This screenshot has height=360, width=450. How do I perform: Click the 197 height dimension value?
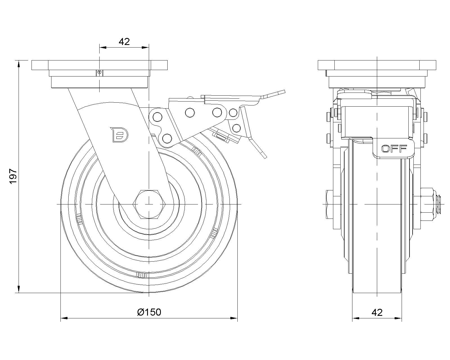[13, 177]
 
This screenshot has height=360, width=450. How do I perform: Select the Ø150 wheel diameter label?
[149, 312]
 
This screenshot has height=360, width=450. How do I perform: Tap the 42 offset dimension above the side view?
[124, 42]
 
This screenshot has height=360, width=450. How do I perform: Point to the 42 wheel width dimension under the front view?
[377, 312]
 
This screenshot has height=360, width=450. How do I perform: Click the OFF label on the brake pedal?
[394, 148]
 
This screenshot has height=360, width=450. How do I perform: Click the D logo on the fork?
[119, 134]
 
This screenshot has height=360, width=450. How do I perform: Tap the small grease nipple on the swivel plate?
[99, 73]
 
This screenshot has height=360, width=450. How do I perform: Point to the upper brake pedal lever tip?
[281, 93]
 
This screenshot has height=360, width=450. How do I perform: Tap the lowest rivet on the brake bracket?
[167, 138]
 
